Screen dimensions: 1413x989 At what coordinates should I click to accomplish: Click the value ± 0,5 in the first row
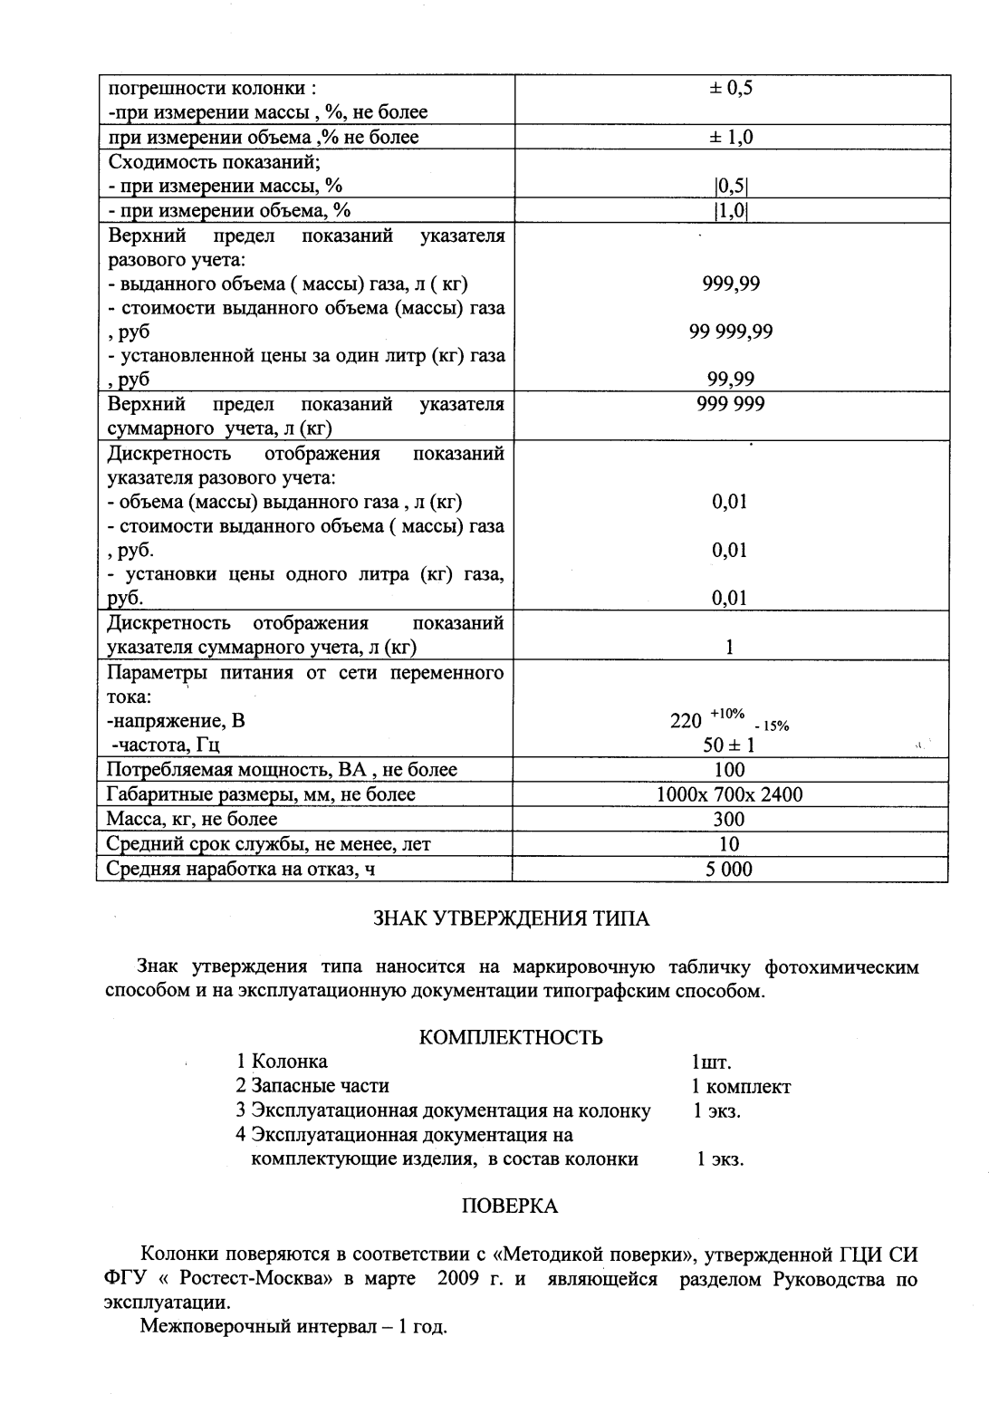(731, 88)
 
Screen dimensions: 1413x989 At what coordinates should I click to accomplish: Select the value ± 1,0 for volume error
(731, 137)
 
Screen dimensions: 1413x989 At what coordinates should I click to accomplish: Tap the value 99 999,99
(731, 331)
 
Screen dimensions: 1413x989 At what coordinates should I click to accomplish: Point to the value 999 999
(731, 403)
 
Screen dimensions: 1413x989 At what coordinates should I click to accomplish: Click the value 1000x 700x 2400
(730, 794)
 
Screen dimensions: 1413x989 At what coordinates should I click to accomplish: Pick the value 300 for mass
(729, 819)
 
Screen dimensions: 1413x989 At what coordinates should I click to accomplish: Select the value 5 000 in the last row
(729, 869)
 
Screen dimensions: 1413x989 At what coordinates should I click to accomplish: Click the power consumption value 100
(729, 770)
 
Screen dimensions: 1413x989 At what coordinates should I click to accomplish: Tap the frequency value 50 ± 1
(729, 745)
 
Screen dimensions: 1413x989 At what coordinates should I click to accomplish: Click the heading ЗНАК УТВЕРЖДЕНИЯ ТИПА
(512, 918)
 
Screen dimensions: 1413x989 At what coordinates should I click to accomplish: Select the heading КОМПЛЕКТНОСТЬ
(512, 1037)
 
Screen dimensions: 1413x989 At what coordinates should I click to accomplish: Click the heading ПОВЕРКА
(510, 1206)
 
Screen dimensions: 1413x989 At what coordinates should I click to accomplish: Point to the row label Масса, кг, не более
(192, 819)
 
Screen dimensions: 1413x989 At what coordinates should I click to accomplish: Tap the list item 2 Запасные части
(312, 1085)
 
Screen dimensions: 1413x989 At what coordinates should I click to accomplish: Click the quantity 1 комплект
(741, 1086)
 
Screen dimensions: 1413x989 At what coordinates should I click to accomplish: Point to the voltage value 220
(686, 721)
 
